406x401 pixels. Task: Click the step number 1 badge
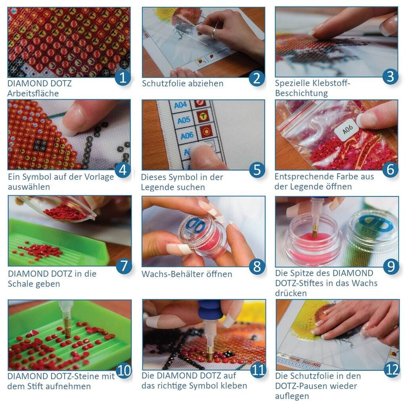coord(123,77)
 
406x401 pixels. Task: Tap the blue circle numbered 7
coord(124,266)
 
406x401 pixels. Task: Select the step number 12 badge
coord(391,370)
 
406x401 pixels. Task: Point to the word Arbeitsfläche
coord(33,93)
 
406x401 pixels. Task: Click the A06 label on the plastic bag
coord(347,129)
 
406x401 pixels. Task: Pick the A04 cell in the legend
coord(180,105)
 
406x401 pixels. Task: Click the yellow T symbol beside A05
coord(203,116)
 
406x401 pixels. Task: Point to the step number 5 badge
coord(257,170)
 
